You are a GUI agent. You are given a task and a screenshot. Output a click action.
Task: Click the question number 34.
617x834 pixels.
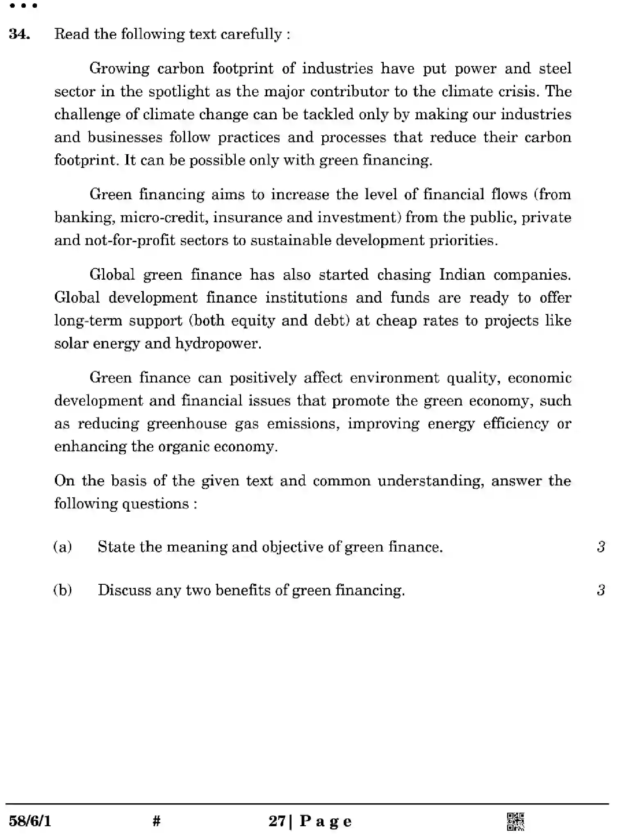[19, 34]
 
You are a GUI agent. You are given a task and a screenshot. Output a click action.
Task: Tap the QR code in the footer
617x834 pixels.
[515, 821]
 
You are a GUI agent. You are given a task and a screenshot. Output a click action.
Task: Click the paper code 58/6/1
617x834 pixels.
[30, 821]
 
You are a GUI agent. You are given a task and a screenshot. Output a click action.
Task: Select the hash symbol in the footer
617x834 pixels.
[156, 821]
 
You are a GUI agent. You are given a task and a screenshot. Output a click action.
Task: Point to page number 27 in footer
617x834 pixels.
[277, 821]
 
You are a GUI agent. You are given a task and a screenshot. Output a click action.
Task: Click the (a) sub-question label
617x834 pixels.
[63, 547]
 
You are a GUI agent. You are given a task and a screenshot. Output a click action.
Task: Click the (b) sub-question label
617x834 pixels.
[63, 590]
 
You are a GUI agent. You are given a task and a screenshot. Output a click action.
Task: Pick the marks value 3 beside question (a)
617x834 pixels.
[601, 547]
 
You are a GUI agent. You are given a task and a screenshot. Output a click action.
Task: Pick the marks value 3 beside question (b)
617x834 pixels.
[601, 590]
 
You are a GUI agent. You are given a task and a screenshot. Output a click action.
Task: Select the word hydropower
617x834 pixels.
[218, 344]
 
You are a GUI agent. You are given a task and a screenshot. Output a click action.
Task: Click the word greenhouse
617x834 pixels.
[187, 424]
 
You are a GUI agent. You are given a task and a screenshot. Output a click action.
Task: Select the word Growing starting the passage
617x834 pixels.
[119, 69]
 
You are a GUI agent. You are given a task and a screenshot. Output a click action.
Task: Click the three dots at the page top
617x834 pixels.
[23, 6]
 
